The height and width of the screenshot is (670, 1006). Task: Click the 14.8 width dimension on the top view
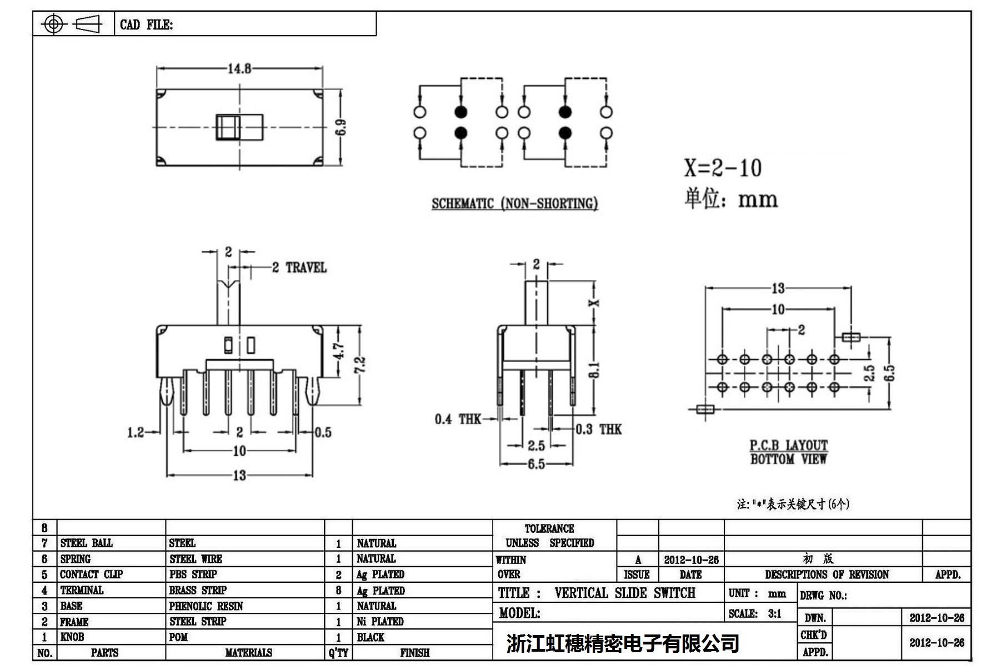239,68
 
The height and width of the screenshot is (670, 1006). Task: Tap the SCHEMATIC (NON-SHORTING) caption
514,204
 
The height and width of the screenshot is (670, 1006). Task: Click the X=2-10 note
722,168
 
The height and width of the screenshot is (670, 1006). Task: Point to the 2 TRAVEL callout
299,268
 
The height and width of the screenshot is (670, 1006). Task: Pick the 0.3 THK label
598,429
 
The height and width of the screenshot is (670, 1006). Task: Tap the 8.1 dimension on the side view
594,369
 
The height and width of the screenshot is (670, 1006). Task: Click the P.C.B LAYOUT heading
788,445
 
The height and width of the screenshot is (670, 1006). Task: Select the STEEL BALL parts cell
86,543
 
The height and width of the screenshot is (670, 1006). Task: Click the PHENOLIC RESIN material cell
206,606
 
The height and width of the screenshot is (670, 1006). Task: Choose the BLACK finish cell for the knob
371,637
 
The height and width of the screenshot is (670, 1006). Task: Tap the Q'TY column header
338,653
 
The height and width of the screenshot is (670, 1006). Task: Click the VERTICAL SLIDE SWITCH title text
624,593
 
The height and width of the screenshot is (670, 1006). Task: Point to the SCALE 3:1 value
774,613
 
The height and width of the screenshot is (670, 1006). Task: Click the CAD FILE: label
146,24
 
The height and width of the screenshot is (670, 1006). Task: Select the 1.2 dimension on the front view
136,432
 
